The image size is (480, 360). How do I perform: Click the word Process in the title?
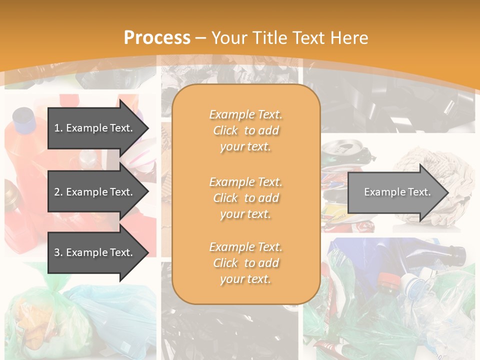[157, 38]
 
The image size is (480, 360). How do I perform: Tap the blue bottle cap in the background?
[23, 116]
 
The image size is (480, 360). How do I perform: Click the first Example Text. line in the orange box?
[245, 114]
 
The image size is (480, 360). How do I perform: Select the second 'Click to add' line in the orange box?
[245, 198]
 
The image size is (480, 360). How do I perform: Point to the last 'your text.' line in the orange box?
[245, 279]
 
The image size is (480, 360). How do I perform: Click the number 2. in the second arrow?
[58, 192]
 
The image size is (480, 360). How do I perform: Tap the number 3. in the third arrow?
[58, 252]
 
